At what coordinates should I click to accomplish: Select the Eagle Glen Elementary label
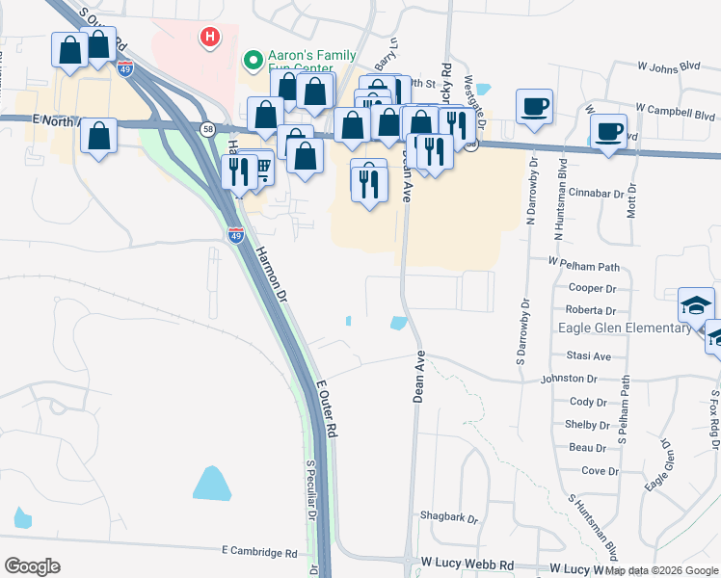(626, 328)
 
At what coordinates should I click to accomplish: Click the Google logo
(32, 565)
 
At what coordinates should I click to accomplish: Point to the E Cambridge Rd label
(259, 552)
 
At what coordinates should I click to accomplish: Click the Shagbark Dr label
(450, 518)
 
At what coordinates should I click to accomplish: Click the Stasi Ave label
(589, 355)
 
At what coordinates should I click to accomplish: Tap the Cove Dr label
(600, 471)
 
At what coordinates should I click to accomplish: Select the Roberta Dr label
(591, 311)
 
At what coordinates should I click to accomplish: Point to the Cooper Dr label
(592, 288)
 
